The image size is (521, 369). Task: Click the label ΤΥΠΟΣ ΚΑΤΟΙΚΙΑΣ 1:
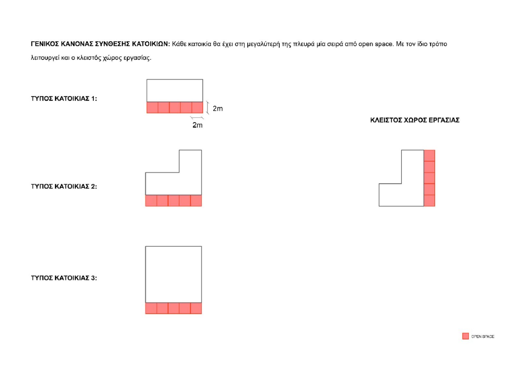(64, 99)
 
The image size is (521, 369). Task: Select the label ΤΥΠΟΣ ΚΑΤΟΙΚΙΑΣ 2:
(64, 186)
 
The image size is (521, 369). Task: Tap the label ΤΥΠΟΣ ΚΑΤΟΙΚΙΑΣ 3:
(64, 278)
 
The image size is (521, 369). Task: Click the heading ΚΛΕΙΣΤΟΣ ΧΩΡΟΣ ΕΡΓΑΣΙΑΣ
(415, 120)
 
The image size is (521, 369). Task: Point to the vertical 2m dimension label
(218, 108)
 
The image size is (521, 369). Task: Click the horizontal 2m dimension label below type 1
(197, 125)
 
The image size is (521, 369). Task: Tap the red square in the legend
(465, 336)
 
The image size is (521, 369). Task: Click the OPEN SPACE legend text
(483, 336)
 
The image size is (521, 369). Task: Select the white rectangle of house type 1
(175, 91)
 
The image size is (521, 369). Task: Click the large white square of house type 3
(174, 275)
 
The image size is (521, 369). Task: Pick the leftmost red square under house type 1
(152, 107)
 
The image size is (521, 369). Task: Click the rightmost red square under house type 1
(197, 107)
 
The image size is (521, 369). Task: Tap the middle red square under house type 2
(174, 201)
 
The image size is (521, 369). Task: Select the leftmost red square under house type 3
(151, 308)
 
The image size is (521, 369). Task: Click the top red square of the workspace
(429, 155)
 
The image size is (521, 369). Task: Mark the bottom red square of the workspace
(429, 201)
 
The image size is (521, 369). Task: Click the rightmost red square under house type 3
(196, 308)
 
